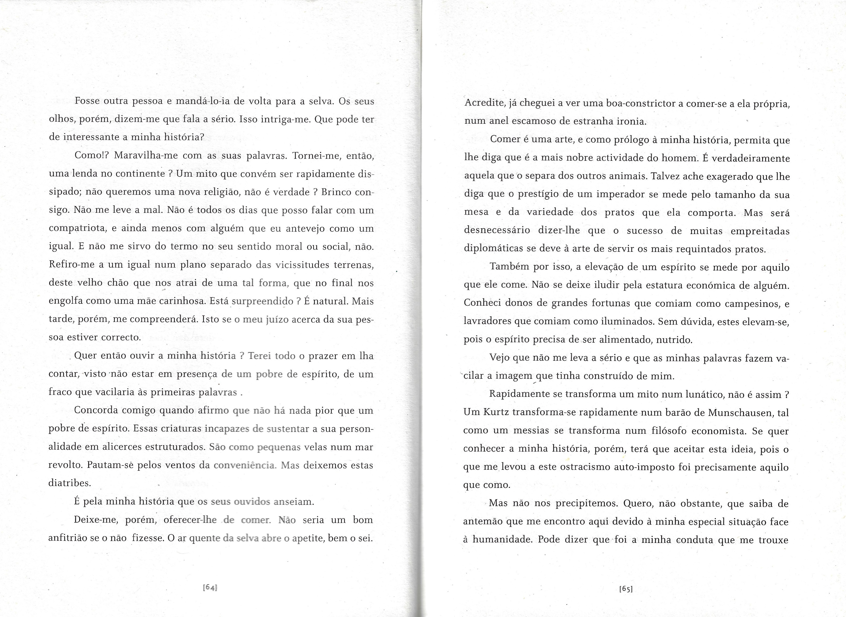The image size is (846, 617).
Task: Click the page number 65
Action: [x=626, y=589]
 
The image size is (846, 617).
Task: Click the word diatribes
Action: [x=70, y=483]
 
